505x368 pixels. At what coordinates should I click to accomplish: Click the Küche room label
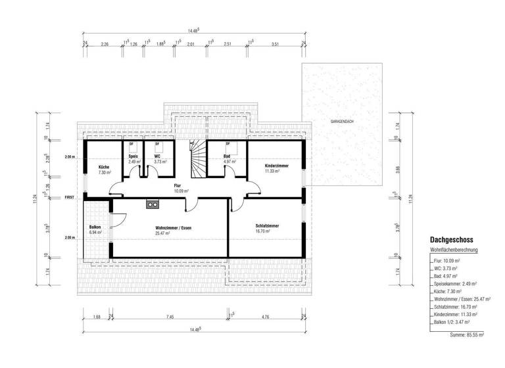pos(103,167)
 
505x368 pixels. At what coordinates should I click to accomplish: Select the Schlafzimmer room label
pos(267,226)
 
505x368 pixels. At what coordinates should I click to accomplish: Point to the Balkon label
pos(95,227)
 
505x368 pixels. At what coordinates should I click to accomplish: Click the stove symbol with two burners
pos(153,203)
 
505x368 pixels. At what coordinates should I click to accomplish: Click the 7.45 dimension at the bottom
pos(170,317)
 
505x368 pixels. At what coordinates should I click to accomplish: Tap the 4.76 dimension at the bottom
pos(265,317)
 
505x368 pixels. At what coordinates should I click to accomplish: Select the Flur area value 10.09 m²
pos(181,191)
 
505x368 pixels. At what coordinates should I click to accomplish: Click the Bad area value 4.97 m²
pos(228,161)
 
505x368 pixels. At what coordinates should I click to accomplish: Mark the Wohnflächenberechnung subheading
pos(454,250)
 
